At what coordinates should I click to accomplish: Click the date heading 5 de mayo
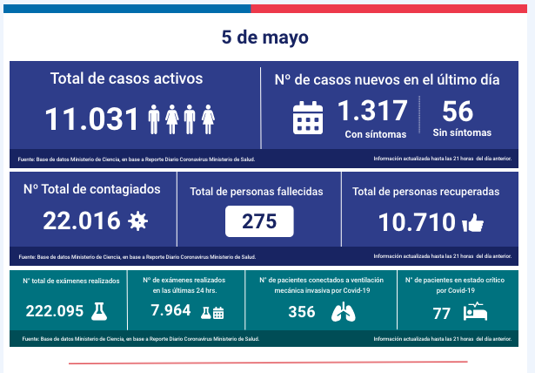point(264,38)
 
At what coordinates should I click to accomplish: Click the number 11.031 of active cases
point(91,118)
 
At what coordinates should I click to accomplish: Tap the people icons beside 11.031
point(182,119)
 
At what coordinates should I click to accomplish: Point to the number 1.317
point(372,111)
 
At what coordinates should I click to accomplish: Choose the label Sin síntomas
point(462,133)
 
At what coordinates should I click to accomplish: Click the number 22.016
point(82,221)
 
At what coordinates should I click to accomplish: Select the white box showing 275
point(258,221)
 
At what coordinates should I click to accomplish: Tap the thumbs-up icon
point(473,223)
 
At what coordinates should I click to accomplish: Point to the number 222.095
point(55,311)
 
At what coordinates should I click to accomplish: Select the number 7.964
point(171,311)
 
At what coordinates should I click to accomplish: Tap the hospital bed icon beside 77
point(477,312)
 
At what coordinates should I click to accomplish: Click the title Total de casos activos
point(126,78)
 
